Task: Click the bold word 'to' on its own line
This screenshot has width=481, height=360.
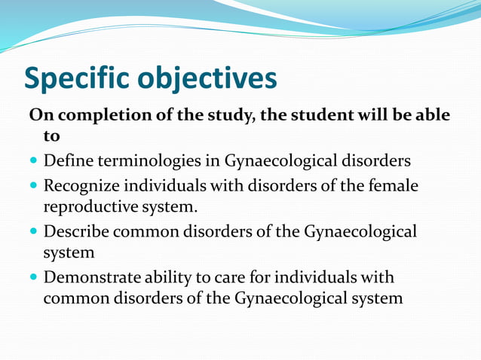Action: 52,137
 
